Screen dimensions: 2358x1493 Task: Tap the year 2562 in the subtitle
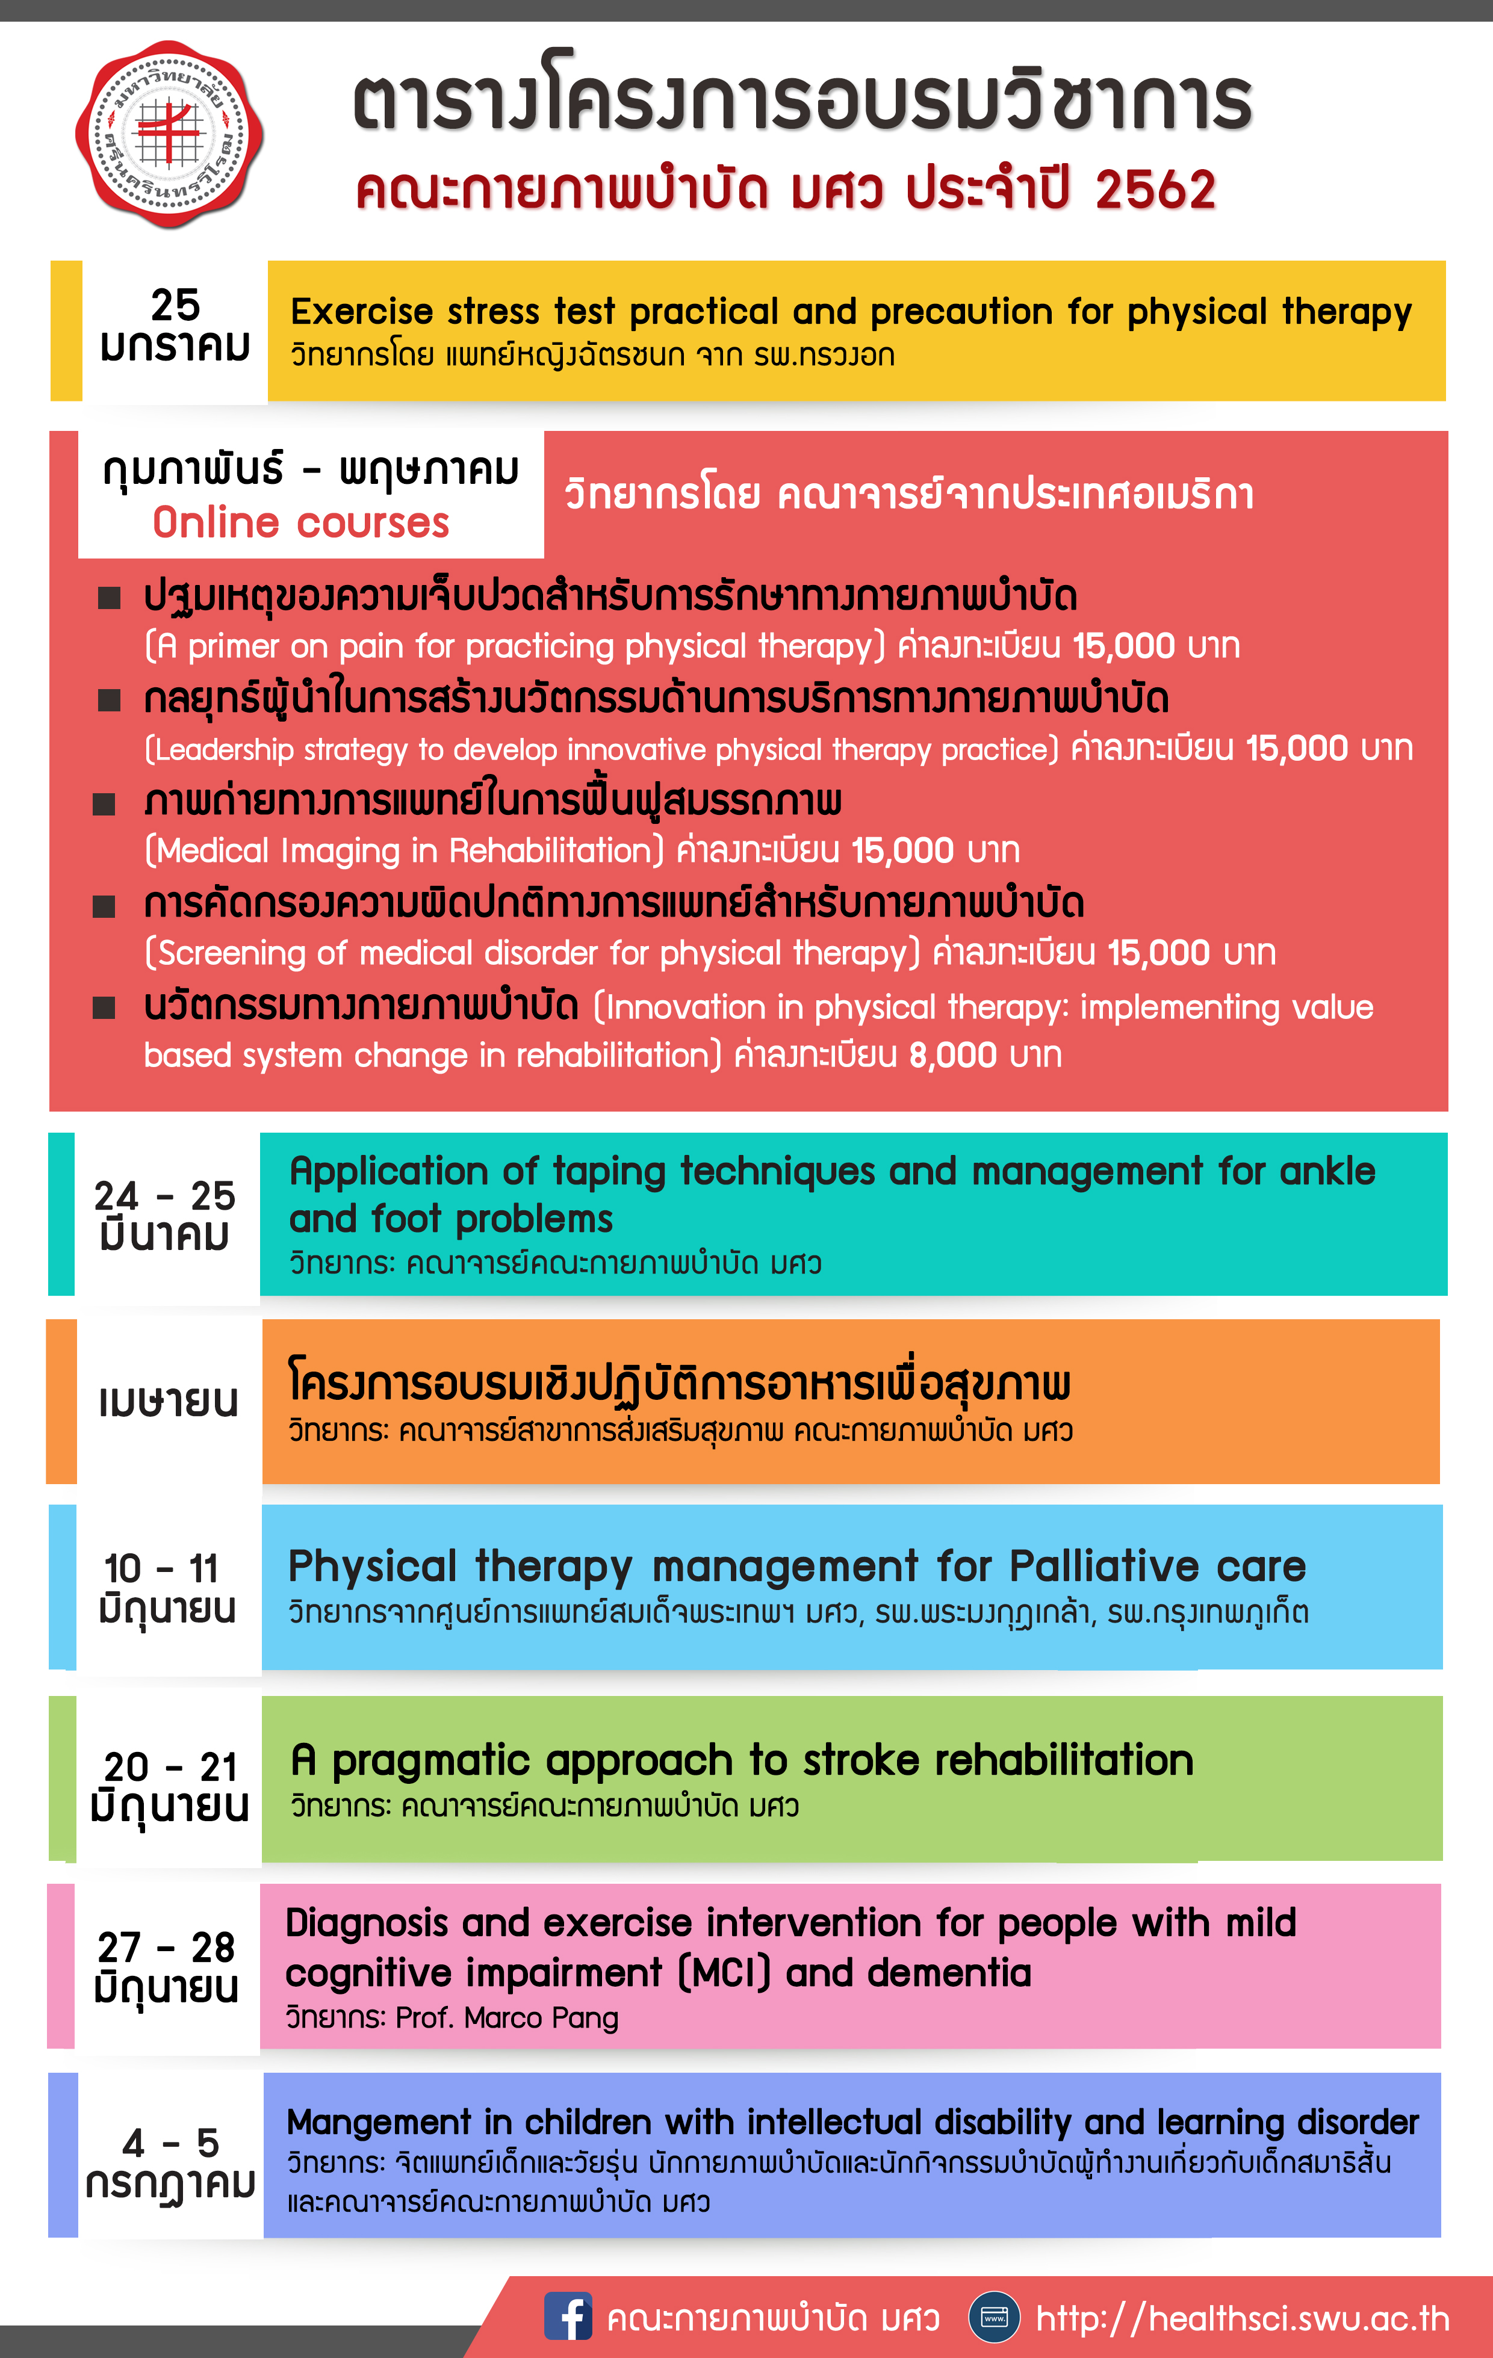coord(1155,189)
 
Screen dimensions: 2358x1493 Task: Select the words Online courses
coord(301,523)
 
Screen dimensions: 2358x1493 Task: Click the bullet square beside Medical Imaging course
coord(104,804)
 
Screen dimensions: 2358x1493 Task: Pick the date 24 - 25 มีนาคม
coord(164,1215)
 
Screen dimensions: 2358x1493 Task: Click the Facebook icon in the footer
coord(568,2317)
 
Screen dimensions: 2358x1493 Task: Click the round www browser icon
coord(993,2318)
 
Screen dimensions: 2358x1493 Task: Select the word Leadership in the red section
coord(223,749)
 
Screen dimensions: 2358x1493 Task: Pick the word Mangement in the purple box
coord(378,2122)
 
